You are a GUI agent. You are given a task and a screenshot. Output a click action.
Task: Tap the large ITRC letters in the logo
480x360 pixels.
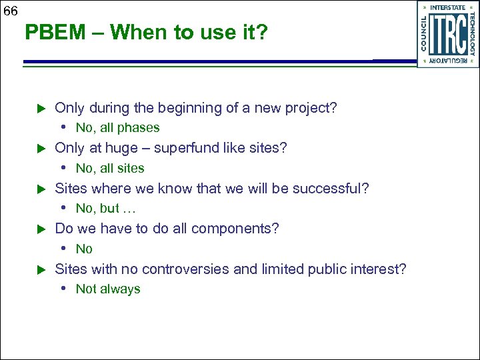447,34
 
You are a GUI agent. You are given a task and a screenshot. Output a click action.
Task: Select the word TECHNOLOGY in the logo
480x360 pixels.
472,34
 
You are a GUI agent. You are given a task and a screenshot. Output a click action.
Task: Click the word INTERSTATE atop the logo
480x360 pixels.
448,7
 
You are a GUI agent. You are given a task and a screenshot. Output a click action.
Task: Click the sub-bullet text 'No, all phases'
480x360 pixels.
117,128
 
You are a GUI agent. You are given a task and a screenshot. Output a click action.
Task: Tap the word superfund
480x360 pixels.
188,148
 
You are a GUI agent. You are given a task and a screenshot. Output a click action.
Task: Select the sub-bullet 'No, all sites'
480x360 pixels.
110,169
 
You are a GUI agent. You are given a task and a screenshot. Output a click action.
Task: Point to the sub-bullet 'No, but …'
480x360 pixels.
107,209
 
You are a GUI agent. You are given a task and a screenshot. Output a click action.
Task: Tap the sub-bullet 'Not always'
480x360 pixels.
108,289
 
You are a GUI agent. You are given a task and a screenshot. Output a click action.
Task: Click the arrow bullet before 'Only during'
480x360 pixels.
39,108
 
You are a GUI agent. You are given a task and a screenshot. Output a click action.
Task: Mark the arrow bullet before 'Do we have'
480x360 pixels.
39,229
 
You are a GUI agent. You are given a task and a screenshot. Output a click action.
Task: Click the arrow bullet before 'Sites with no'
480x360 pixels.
39,270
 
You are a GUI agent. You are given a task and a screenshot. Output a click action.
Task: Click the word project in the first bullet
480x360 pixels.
309,108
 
